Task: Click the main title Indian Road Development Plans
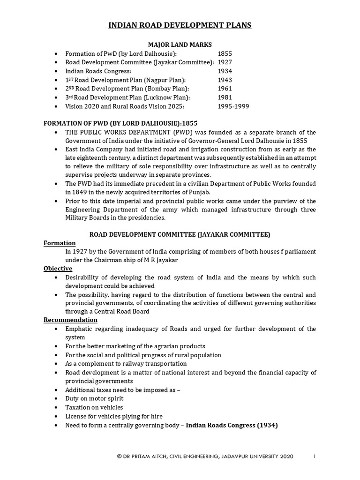click(180, 25)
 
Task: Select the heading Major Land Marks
click(180, 45)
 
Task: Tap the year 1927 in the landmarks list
click(225, 62)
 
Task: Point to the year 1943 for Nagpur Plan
click(225, 80)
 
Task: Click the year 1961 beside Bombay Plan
click(225, 89)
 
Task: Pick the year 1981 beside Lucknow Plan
click(225, 97)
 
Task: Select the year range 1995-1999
click(233, 106)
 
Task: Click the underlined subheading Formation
click(60, 243)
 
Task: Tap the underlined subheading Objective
click(58, 269)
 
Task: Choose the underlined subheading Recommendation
click(70, 320)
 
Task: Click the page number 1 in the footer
click(315, 456)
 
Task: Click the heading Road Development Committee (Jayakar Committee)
click(180, 234)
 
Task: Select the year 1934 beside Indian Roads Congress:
click(225, 71)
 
